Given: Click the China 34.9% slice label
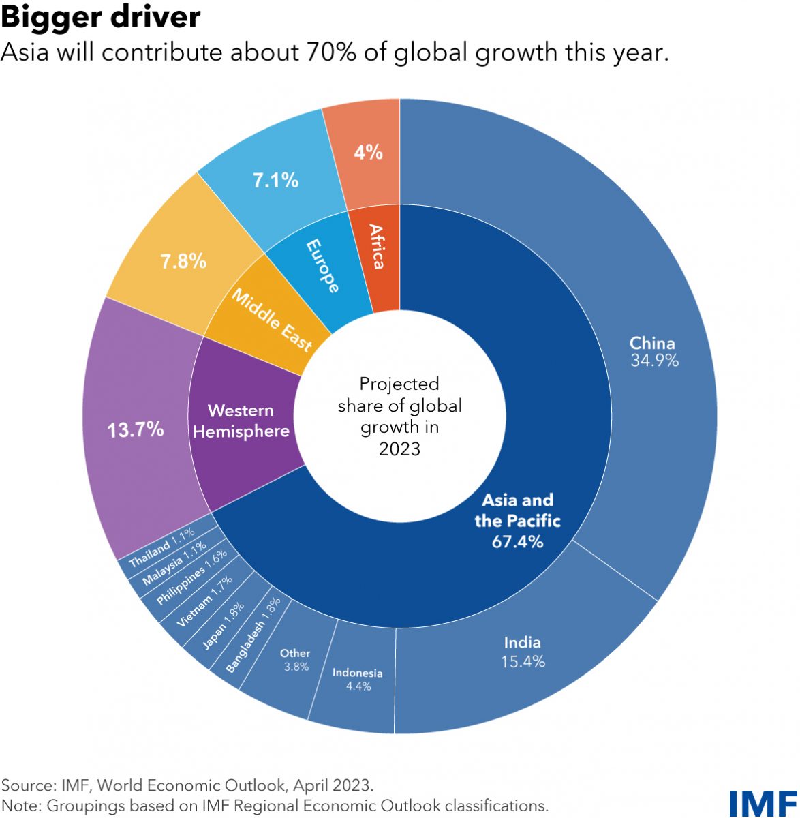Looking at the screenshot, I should click(x=653, y=352).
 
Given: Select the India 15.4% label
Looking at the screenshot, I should click(x=523, y=652).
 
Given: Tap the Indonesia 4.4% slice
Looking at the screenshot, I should click(x=357, y=679).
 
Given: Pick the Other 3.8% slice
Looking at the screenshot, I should click(x=296, y=660).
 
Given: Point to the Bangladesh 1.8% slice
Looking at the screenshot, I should click(x=253, y=635).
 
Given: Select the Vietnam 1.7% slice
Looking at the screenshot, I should click(x=204, y=602).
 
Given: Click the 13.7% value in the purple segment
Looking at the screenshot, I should click(x=136, y=429).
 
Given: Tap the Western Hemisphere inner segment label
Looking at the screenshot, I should click(x=241, y=421).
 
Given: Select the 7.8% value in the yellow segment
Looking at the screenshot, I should click(x=183, y=261).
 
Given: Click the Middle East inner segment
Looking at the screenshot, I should click(x=271, y=319).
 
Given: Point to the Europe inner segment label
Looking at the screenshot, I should click(x=322, y=266).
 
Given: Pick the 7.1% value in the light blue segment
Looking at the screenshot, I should click(x=275, y=181).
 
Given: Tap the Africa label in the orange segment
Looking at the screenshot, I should click(x=376, y=246).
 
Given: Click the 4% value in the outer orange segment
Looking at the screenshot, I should click(x=368, y=152).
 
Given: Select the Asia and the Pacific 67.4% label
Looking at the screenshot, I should click(x=517, y=521).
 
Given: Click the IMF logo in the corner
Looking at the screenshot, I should click(x=763, y=802).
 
